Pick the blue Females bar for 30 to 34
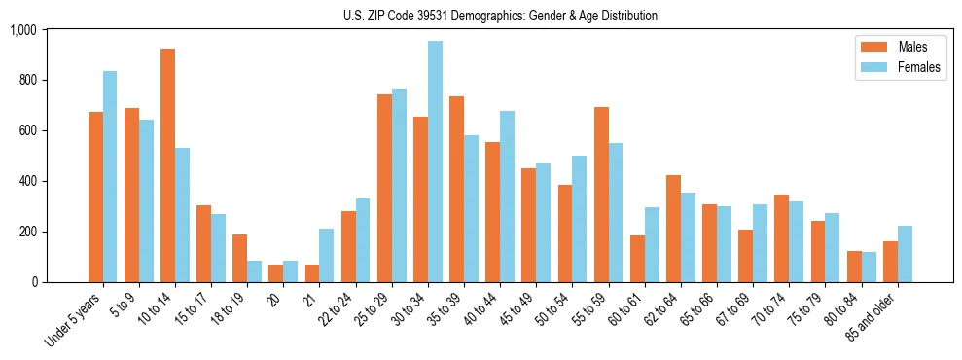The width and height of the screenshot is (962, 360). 435,162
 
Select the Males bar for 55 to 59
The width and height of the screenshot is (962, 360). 601,195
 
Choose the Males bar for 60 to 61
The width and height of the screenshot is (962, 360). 637,259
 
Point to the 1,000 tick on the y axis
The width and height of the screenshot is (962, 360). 22,30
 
